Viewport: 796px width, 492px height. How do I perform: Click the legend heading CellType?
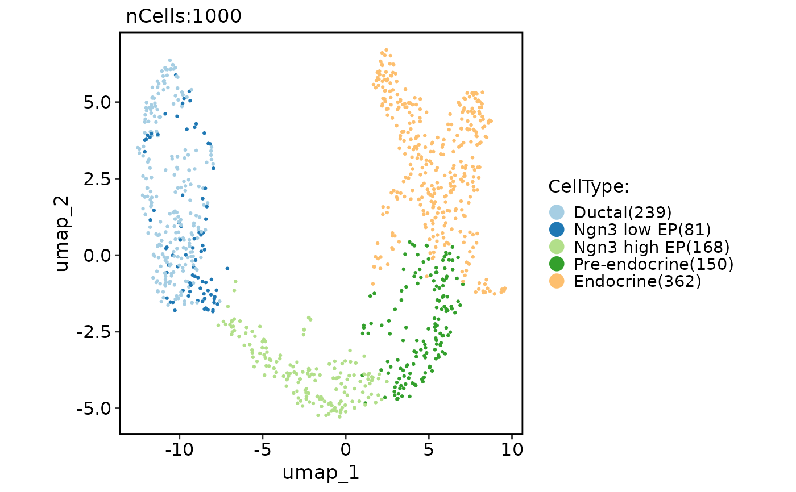(588, 186)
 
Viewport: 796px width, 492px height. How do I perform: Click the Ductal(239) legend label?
(623, 212)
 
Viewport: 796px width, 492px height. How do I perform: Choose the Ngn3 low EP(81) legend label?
(642, 230)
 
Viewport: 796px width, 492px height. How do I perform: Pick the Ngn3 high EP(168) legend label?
(652, 247)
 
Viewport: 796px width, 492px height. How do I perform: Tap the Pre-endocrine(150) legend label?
(654, 264)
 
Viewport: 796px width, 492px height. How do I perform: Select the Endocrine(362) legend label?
(637, 281)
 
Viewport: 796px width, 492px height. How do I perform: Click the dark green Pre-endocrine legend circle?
(557, 264)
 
